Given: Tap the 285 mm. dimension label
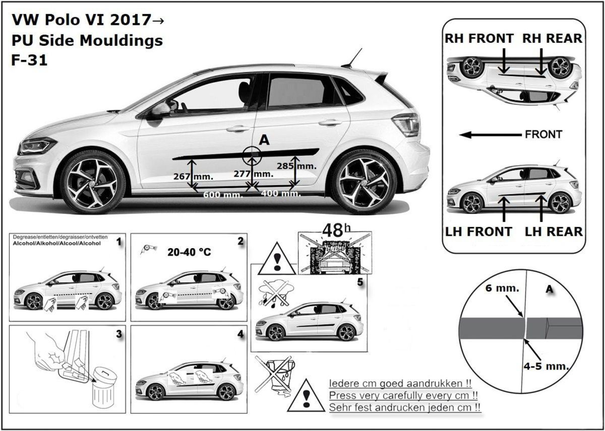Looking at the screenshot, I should coord(297,165).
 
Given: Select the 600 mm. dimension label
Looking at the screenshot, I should coord(222,195).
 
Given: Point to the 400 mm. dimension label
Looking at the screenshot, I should coord(281,194).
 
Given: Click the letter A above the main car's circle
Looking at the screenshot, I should coord(263,141).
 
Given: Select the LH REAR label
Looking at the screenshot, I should coord(554,231).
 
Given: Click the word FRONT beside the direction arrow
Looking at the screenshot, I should coord(543,135).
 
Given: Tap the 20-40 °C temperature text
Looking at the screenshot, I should coord(189,252).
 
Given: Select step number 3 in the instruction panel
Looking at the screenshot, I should coord(118,334).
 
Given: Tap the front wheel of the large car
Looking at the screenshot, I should coord(93,182).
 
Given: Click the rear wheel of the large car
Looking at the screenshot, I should coord(364,181).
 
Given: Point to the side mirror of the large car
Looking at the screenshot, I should coord(161,109).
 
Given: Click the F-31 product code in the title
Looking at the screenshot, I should coord(29,60).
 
